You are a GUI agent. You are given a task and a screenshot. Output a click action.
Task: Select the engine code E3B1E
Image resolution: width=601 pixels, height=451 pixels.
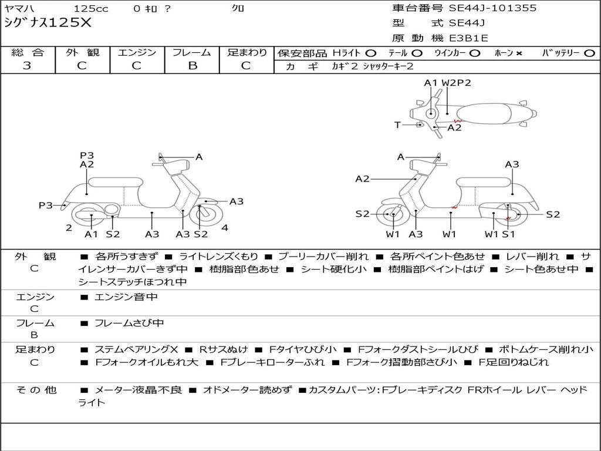[468, 38]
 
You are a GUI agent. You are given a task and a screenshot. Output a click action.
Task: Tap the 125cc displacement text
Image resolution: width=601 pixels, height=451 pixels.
[91, 9]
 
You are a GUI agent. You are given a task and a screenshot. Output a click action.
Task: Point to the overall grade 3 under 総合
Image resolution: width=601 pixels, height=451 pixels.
[27, 66]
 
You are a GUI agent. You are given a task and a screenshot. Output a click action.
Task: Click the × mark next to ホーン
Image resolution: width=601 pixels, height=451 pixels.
[519, 53]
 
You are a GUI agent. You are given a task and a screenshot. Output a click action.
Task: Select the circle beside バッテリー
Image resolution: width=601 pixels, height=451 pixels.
[589, 53]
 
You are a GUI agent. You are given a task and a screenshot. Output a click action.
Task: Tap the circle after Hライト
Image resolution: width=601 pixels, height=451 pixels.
[370, 53]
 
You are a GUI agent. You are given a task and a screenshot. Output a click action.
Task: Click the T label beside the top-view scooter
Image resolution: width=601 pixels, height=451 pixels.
[397, 125]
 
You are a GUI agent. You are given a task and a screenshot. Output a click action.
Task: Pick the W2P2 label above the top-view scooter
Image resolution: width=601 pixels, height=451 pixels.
[456, 83]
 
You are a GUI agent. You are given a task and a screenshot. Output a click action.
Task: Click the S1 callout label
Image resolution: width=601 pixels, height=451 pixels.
[508, 234]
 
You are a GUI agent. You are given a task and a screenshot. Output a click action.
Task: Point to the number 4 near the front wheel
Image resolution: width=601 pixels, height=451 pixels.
[225, 228]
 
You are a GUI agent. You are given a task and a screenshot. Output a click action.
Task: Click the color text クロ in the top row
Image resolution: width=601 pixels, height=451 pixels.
[238, 9]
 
